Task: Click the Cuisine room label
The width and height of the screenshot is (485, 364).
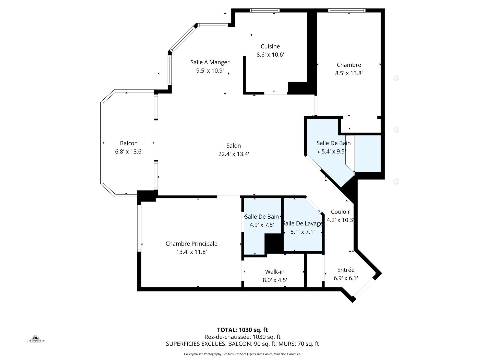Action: click(x=270, y=46)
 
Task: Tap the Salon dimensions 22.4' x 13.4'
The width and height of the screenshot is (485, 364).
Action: click(x=234, y=154)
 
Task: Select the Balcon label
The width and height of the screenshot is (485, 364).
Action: click(x=129, y=143)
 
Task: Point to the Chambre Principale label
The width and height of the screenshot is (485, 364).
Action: click(x=191, y=244)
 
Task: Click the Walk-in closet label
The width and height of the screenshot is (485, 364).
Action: click(x=275, y=272)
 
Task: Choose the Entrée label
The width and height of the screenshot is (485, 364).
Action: click(x=346, y=270)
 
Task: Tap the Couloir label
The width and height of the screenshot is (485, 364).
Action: click(x=340, y=212)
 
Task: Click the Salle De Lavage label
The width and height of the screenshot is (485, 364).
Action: click(x=303, y=224)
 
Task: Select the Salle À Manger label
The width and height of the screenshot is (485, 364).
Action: click(x=210, y=62)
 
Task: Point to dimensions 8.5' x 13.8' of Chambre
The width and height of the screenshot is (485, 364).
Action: click(x=349, y=73)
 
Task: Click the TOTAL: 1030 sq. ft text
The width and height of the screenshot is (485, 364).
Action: click(x=242, y=330)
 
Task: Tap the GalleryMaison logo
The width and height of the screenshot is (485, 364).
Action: click(x=36, y=339)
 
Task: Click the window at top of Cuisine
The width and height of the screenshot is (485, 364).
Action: click(x=264, y=10)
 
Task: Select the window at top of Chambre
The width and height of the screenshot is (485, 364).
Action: click(x=347, y=10)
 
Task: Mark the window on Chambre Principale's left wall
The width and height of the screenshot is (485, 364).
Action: click(x=139, y=228)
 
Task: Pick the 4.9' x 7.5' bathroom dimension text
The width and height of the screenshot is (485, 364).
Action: click(x=262, y=225)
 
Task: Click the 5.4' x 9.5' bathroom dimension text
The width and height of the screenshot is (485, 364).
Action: click(x=334, y=151)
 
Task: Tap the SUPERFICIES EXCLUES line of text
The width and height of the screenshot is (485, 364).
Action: click(x=242, y=344)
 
